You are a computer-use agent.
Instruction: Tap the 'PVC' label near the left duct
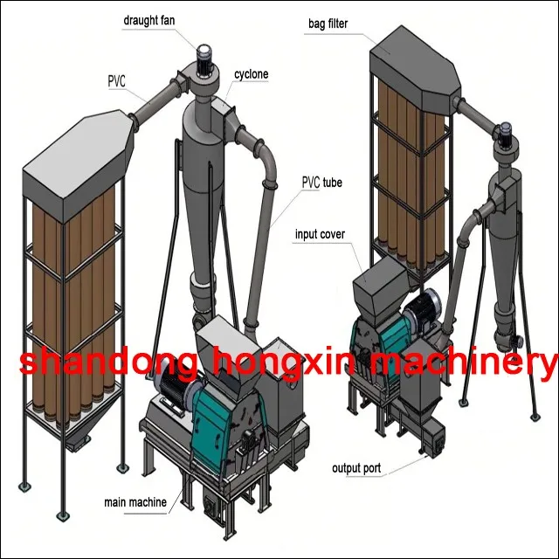click(x=116, y=81)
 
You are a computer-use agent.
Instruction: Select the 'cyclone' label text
click(x=251, y=75)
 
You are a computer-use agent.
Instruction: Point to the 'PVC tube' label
click(x=321, y=183)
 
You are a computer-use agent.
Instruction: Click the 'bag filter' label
click(x=328, y=24)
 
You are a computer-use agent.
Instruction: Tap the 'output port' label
click(x=356, y=469)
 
